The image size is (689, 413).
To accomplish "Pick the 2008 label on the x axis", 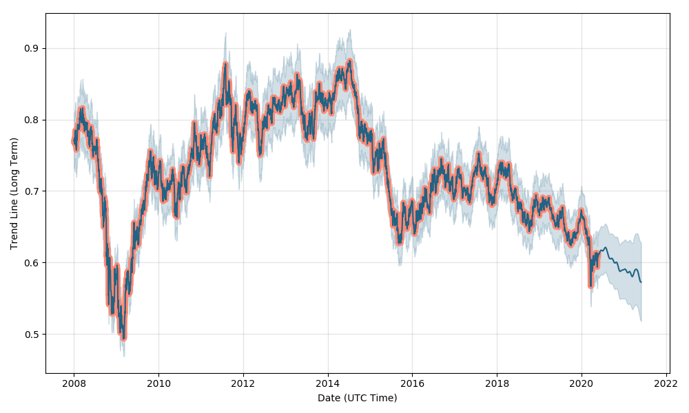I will point(74,383).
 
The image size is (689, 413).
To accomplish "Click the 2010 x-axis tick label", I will point(158,383).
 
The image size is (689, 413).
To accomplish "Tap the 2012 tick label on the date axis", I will point(243,383).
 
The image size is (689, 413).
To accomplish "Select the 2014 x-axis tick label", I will point(327,383).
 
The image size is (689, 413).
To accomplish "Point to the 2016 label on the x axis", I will point(412,383).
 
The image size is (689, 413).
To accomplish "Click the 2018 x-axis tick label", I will point(497,383).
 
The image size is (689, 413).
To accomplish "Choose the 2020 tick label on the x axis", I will point(582,383).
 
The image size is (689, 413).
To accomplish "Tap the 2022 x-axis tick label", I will point(666,383).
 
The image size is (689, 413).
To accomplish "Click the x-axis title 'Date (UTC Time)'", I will point(357,398).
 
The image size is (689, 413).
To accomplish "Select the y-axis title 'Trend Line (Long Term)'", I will point(14,193).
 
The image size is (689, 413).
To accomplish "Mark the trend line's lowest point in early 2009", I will point(123,337).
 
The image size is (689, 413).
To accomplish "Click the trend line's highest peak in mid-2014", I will point(349,61).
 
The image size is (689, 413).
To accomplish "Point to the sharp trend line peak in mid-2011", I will point(225,64).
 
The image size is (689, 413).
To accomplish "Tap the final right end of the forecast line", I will point(641,282).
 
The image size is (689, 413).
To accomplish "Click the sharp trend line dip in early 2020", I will point(590,285).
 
